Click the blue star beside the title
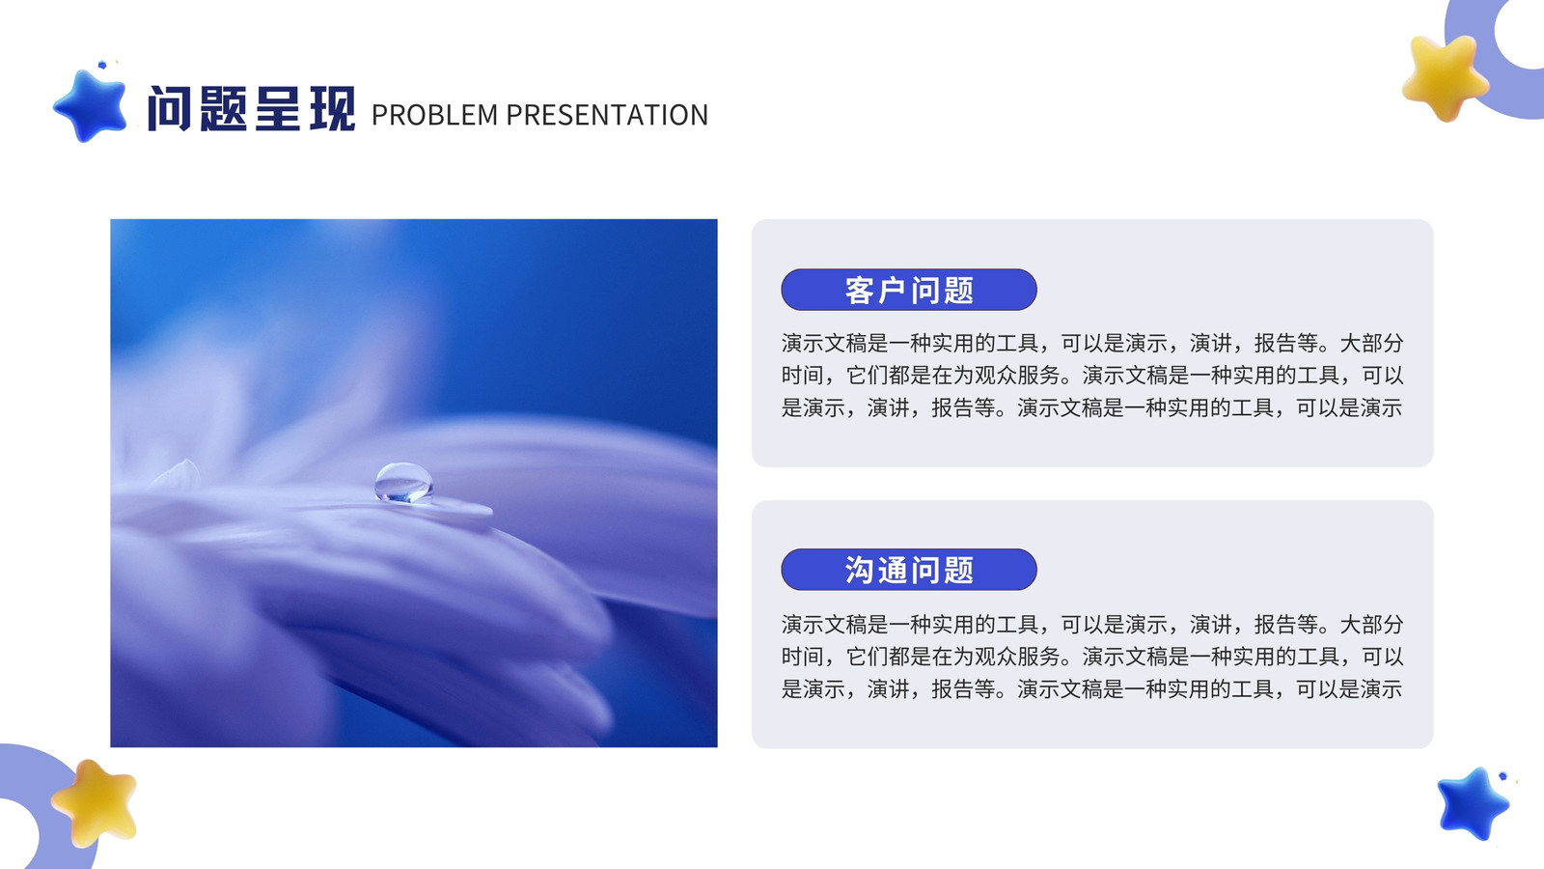(91, 106)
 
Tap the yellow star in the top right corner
(1445, 77)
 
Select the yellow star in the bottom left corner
(95, 802)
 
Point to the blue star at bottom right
(1473, 803)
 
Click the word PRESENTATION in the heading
(607, 115)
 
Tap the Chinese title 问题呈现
(252, 108)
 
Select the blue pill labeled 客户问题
(908, 290)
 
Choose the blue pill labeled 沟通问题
(908, 570)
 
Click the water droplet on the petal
(403, 482)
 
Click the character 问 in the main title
(170, 108)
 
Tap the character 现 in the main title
(332, 108)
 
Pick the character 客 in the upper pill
(860, 291)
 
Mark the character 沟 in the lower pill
(860, 571)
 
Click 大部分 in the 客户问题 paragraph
(1371, 343)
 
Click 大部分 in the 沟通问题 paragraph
(1371, 624)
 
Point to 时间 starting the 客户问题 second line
(802, 376)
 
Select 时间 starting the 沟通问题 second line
(802, 657)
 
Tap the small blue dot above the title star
(102, 65)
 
